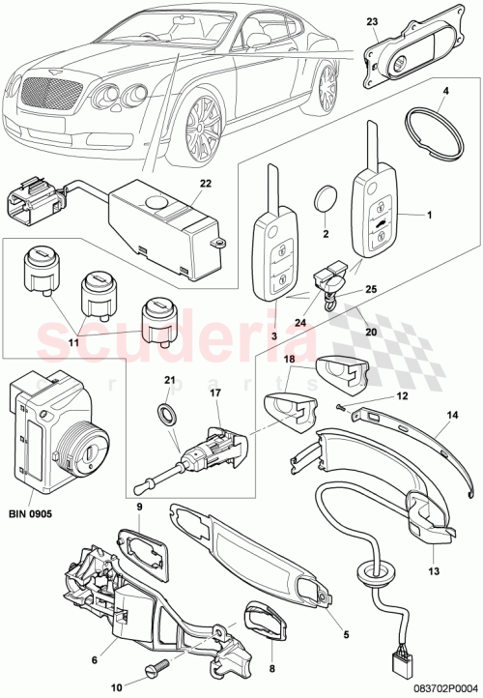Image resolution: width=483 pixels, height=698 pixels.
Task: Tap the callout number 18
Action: [287, 360]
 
